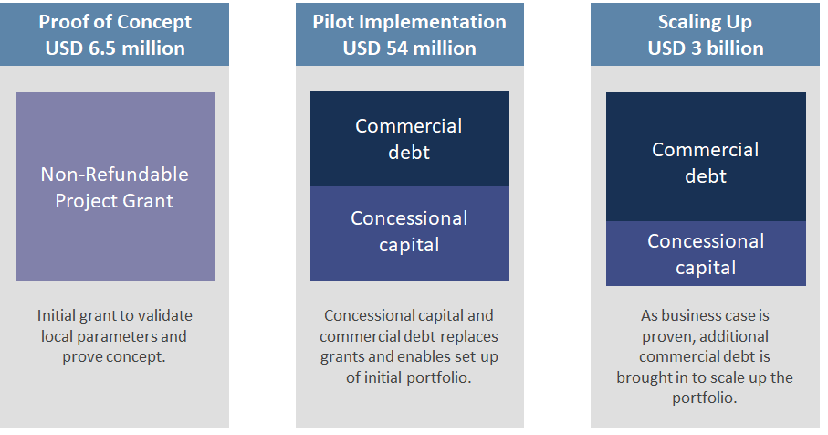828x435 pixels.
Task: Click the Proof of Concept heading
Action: (x=115, y=22)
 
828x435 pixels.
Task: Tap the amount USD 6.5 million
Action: (x=115, y=48)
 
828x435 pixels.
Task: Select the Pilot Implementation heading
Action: (x=409, y=22)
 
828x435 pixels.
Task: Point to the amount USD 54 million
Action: (x=409, y=48)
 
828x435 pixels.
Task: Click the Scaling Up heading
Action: (x=705, y=22)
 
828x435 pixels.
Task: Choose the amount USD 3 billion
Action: (x=706, y=48)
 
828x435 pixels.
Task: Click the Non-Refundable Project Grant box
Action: (x=115, y=187)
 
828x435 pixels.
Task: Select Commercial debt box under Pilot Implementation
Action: (x=410, y=139)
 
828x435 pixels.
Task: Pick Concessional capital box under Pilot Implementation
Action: (x=410, y=234)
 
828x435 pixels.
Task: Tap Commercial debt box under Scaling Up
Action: (x=706, y=157)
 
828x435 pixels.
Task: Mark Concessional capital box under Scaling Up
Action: (x=706, y=254)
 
